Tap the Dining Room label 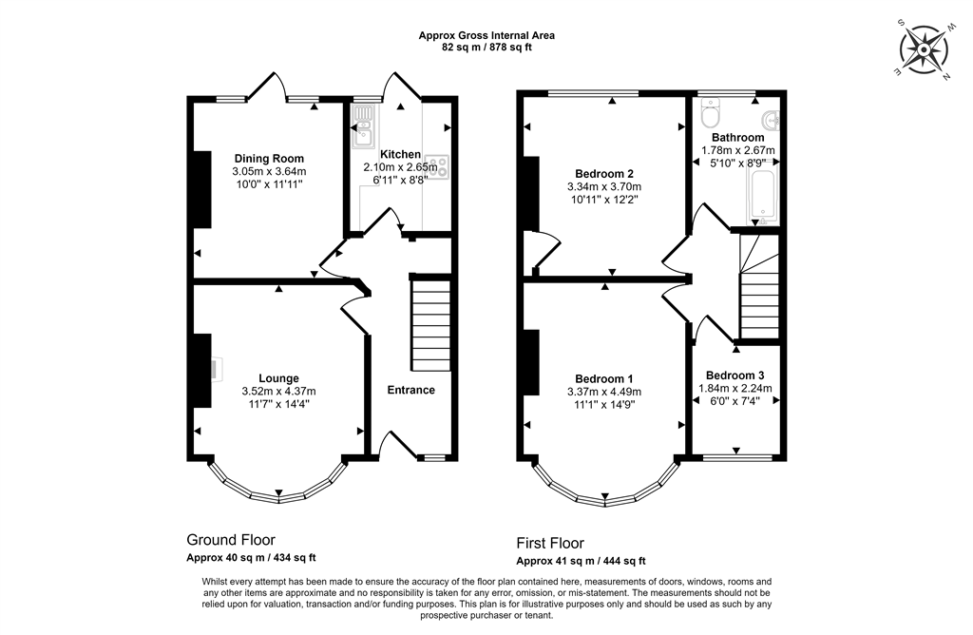click(x=269, y=159)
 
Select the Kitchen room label click(x=400, y=154)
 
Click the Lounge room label click(x=278, y=378)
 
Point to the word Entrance click(x=410, y=390)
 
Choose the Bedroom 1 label click(x=603, y=378)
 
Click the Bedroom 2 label click(x=604, y=174)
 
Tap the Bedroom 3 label click(x=735, y=375)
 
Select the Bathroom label click(x=737, y=138)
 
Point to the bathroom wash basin click(x=771, y=121)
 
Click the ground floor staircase click(x=430, y=323)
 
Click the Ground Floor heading click(x=231, y=540)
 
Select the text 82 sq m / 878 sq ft click(x=486, y=47)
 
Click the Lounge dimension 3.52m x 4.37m click(x=278, y=391)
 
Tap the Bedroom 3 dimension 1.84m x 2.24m click(x=735, y=388)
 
